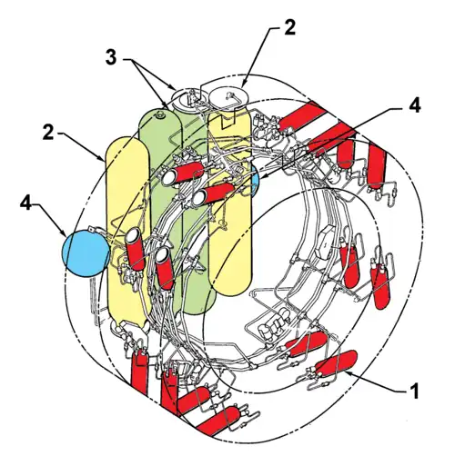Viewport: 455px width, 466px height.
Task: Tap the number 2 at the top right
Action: tap(289, 26)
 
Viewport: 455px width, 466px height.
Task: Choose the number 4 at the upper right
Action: tap(415, 104)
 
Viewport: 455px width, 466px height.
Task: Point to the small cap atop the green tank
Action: tap(161, 115)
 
